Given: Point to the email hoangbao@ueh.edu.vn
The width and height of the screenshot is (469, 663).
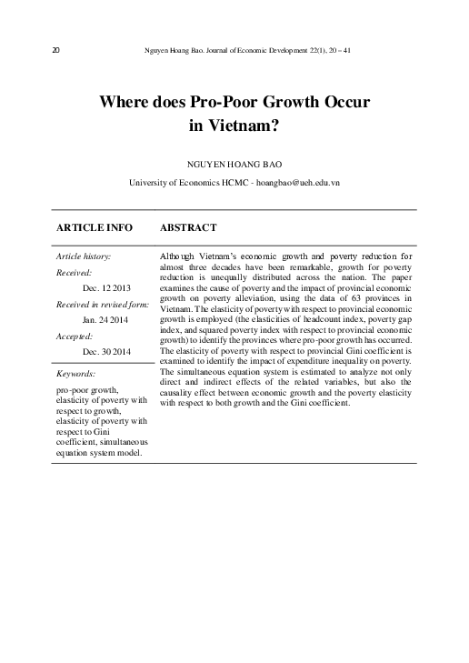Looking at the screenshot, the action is tap(296, 183).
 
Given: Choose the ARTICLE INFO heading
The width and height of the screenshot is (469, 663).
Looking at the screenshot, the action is tap(95, 226).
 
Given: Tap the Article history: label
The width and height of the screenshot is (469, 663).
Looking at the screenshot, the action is tap(84, 256).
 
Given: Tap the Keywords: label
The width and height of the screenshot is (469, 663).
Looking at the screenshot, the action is tap(75, 373).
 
